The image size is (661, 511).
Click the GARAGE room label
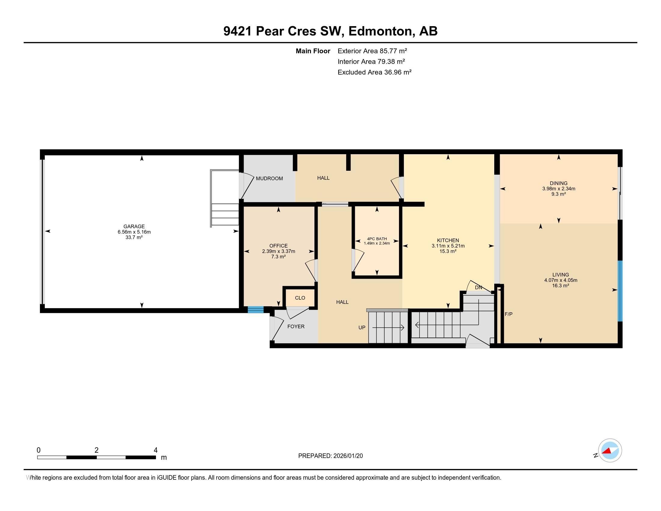point(134,226)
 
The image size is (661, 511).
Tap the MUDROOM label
point(269,178)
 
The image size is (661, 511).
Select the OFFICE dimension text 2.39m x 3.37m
point(278,251)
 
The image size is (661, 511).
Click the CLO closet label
point(300,298)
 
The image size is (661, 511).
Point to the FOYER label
point(295,326)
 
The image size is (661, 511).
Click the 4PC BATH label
point(376,239)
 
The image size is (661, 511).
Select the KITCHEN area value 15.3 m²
point(448,251)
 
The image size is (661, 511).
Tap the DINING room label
point(559,183)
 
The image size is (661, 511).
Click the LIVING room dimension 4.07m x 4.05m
point(560,280)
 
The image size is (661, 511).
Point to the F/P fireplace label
point(508,314)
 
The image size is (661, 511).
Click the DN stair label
point(478,287)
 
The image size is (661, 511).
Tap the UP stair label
point(362,327)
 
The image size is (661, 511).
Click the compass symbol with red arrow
point(610,450)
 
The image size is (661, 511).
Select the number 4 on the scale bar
point(155,450)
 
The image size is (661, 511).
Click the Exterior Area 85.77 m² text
point(372,51)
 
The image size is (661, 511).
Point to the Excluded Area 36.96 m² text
point(374,72)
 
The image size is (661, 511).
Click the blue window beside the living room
point(620,291)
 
